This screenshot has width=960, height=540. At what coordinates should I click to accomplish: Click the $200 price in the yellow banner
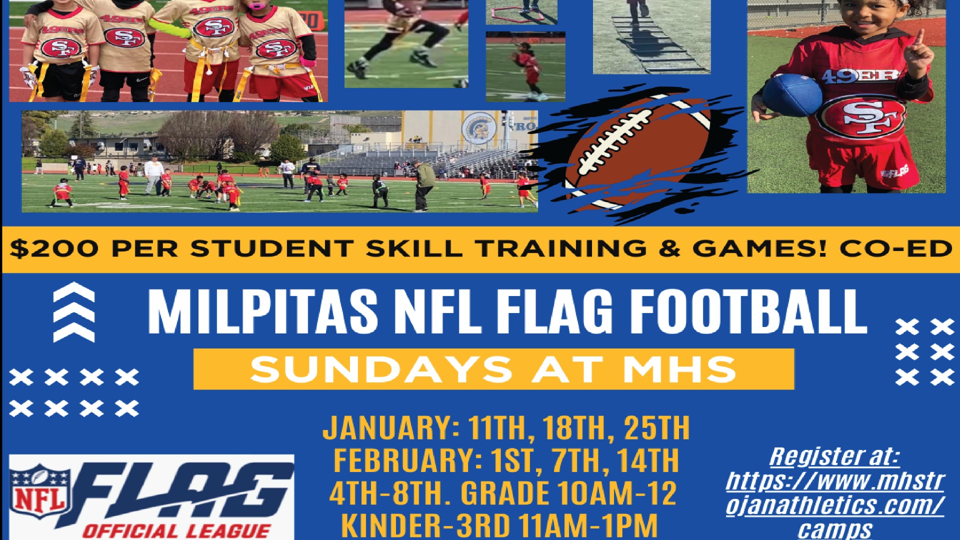pyautogui.click(x=54, y=248)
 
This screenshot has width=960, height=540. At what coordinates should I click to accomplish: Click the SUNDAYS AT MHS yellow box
pyautogui.click(x=493, y=369)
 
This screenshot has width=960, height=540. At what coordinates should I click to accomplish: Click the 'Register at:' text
pyautogui.click(x=834, y=456)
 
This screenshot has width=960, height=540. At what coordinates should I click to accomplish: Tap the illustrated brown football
pyautogui.click(x=637, y=150)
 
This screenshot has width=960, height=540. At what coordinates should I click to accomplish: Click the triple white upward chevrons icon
pyautogui.click(x=73, y=312)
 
